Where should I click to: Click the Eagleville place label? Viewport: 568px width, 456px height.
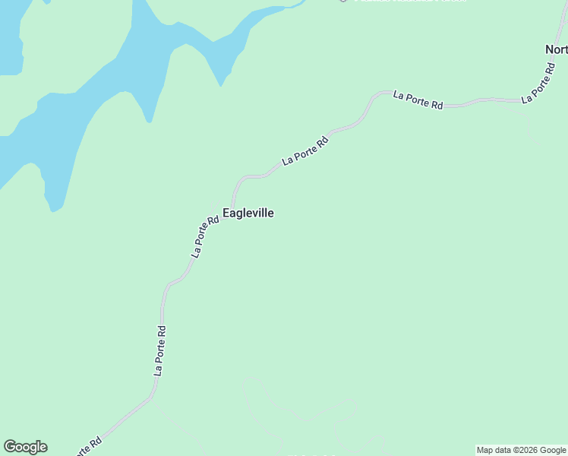coord(248,214)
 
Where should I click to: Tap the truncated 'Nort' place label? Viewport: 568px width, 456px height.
coord(556,50)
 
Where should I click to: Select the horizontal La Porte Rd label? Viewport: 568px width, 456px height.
coord(418,100)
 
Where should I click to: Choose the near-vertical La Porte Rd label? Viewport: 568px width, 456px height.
coord(159,350)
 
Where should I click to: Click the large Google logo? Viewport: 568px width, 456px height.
coord(25,447)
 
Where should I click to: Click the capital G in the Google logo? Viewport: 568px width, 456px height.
coord(9,446)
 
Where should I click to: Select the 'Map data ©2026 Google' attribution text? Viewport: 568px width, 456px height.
coord(521,450)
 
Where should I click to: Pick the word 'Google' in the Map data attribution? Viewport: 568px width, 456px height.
coord(553,450)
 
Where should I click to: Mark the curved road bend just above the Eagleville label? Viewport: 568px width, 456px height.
coord(241,180)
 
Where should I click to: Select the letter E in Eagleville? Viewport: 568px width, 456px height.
coord(226,214)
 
